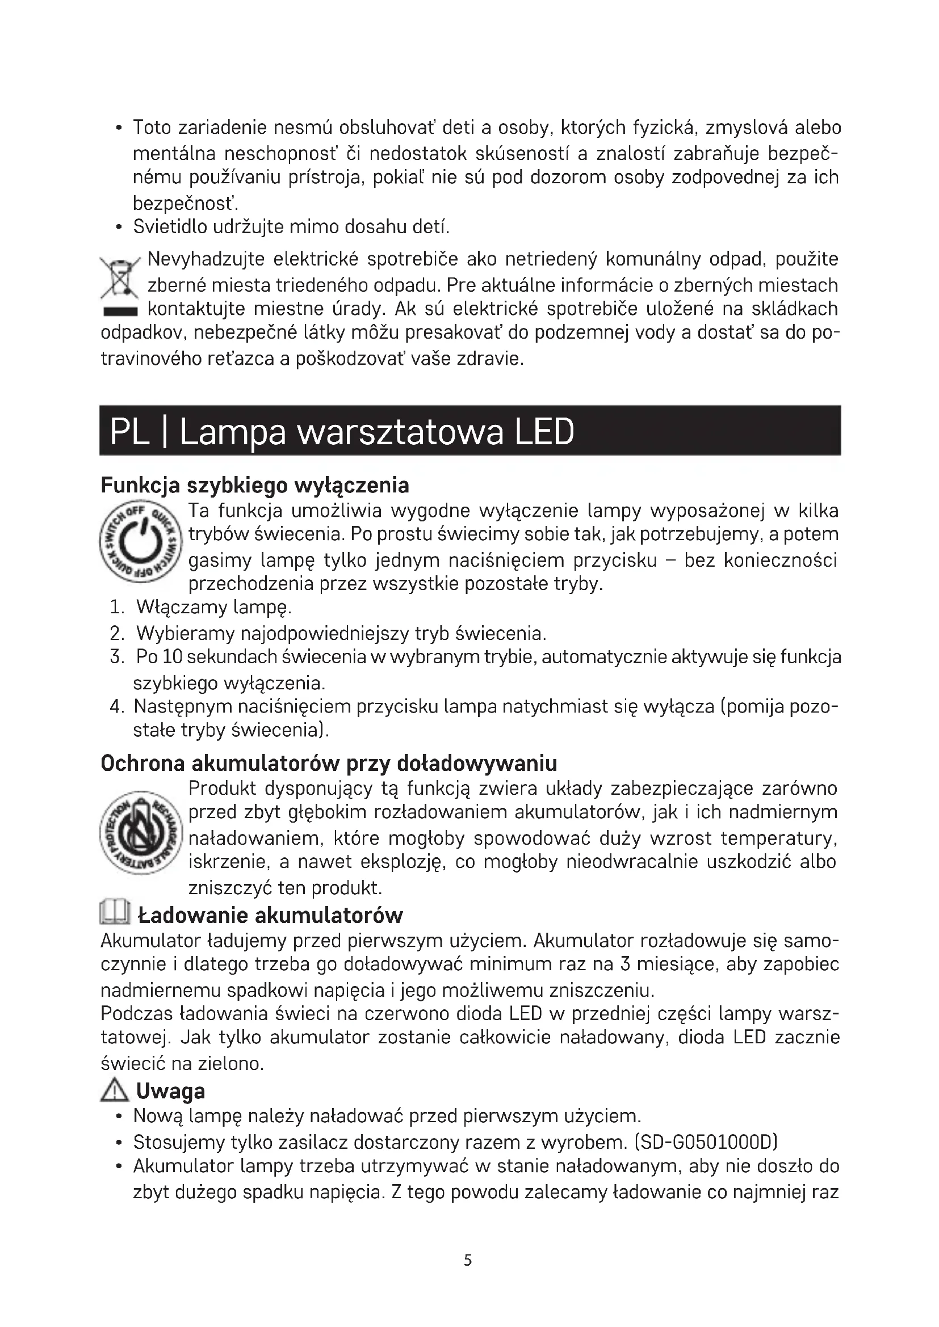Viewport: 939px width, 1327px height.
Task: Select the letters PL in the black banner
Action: tap(129, 432)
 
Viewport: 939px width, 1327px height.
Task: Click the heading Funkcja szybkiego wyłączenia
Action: tap(254, 485)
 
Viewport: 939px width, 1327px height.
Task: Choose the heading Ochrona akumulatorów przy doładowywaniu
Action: tap(328, 763)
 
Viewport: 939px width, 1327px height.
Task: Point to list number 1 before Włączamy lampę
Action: tap(117, 608)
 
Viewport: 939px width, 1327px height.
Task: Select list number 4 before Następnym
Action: tap(117, 706)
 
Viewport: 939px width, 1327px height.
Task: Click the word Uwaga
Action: tap(170, 1091)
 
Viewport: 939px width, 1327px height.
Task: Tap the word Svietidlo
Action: tap(169, 226)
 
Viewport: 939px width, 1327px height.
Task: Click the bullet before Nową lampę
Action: tap(119, 1117)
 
